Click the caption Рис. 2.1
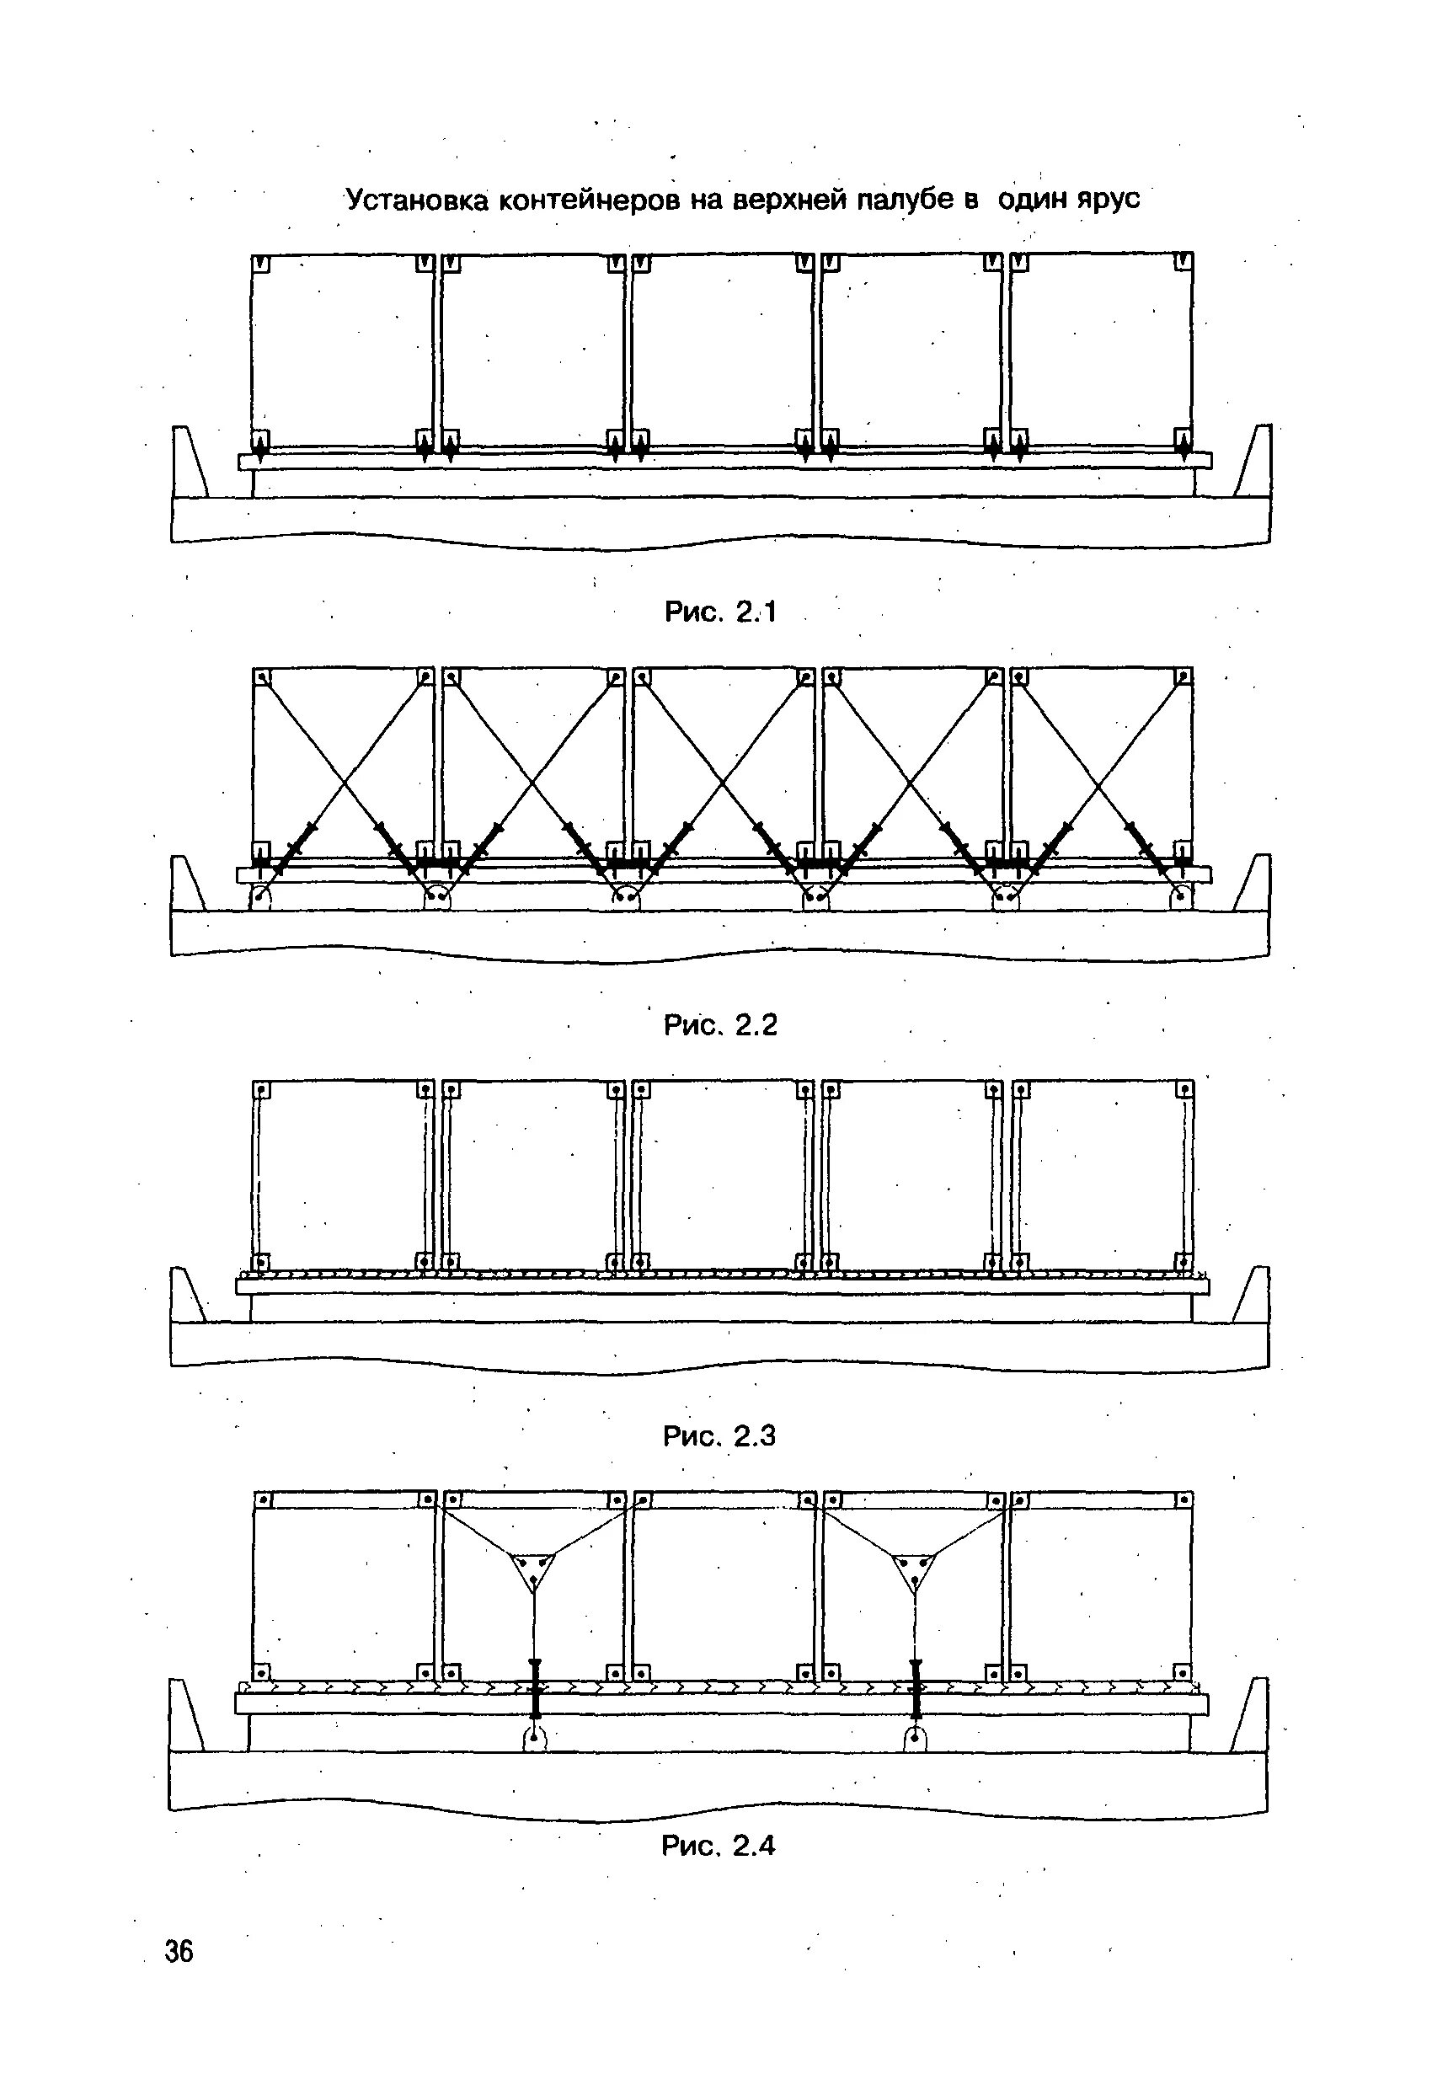point(719,612)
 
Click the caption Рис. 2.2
point(719,1024)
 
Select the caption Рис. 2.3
point(719,1435)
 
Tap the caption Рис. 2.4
point(718,1847)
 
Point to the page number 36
point(179,1970)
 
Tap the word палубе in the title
point(906,199)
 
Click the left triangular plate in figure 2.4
point(533,1570)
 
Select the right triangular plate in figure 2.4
point(915,1570)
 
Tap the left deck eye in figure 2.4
point(535,1740)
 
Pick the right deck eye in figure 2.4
point(915,1740)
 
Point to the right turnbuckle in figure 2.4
point(916,1688)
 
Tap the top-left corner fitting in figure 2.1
point(261,264)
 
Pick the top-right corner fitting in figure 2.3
point(1184,1090)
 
